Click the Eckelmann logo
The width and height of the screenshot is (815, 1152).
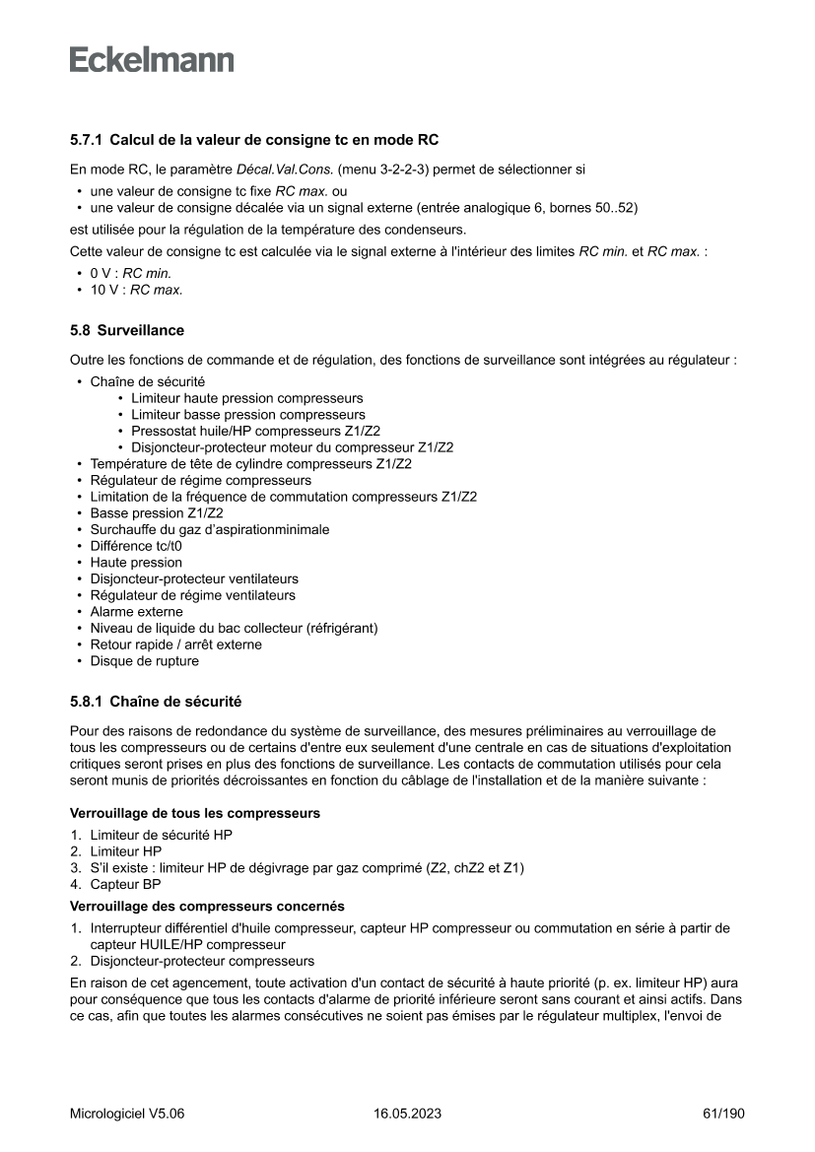[x=152, y=60]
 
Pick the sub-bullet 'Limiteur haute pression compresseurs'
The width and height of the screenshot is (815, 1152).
[x=246, y=398]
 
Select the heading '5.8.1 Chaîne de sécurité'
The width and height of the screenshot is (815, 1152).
[x=156, y=702]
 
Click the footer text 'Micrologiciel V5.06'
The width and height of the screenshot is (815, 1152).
[x=127, y=1114]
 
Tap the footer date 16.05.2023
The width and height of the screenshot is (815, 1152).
[x=407, y=1114]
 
